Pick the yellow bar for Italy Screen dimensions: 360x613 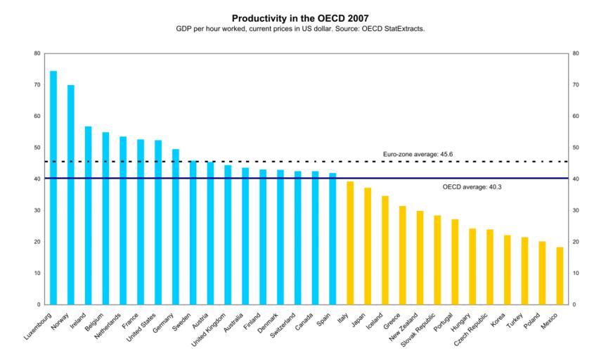[350, 243]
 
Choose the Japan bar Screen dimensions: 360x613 [368, 246]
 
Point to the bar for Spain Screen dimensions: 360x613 [333, 238]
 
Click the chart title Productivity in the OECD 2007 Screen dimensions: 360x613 [300, 18]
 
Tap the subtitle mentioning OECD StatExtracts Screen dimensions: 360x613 [300, 29]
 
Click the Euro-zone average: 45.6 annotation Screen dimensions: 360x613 [418, 153]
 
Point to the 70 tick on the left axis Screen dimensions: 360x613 [37, 85]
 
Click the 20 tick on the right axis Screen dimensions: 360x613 [575, 242]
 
